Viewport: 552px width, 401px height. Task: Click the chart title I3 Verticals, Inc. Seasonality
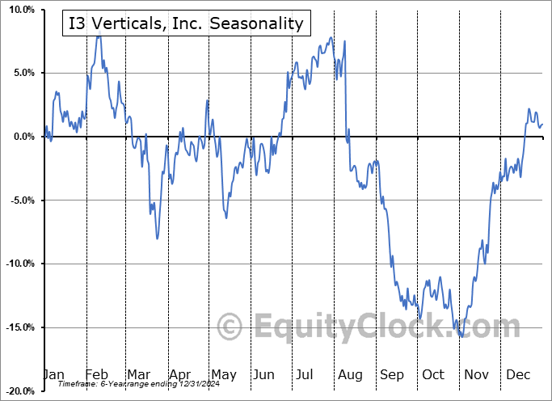(186, 23)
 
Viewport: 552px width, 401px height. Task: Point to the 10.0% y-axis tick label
(20, 10)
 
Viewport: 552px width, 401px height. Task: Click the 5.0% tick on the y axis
(23, 74)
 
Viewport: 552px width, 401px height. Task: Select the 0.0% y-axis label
(23, 137)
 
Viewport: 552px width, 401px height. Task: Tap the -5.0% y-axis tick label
(21, 200)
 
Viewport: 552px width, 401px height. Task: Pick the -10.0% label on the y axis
(19, 264)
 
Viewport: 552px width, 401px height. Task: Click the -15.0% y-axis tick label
(19, 327)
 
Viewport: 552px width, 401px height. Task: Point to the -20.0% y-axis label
(19, 391)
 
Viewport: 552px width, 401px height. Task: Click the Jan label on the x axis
(53, 374)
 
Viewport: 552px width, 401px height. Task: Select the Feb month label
(96, 374)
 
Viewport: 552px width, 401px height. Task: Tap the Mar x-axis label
(138, 374)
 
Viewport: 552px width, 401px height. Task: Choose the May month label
(223, 374)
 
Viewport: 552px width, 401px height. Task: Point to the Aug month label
(351, 374)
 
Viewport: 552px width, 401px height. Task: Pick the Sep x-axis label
(392, 374)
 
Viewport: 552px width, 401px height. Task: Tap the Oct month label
(433, 374)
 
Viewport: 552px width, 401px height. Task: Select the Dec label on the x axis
(519, 374)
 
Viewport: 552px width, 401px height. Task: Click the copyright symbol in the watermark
(231, 327)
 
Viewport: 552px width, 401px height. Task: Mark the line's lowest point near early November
(461, 336)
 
